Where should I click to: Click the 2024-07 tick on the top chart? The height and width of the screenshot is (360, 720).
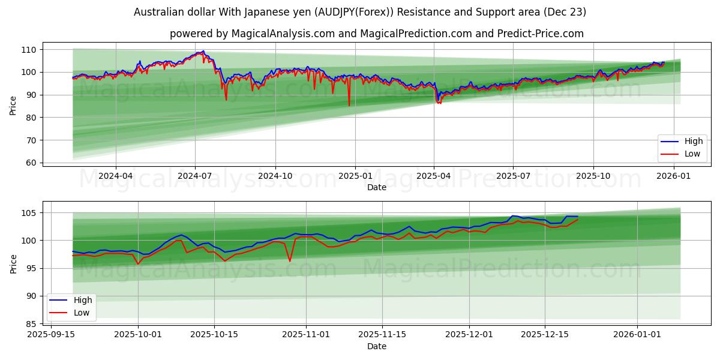195,176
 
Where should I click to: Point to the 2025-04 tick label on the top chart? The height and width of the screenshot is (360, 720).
434,176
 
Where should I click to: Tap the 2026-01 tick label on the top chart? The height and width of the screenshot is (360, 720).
673,176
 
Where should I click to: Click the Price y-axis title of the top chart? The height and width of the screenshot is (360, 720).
13,106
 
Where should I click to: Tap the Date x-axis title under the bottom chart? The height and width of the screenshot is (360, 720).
376,346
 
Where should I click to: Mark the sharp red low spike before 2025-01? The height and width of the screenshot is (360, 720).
349,106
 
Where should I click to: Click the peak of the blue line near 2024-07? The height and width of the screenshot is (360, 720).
203,51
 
